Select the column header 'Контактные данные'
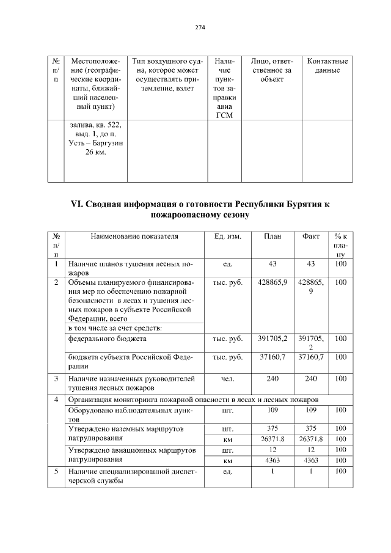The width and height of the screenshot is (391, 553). coord(327,66)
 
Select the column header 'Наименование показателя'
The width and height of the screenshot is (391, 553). coord(134,236)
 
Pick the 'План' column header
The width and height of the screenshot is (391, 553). coord(272,236)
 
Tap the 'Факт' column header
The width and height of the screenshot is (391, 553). coord(311,236)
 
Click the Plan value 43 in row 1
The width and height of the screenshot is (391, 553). coord(272,264)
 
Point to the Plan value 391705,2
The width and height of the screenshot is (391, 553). coord(272,337)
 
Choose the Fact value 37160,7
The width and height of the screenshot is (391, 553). coord(311,356)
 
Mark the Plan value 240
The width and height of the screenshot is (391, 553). coord(272,378)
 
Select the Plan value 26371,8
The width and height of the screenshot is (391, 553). coord(272,439)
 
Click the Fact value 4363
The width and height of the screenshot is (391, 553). coord(311,460)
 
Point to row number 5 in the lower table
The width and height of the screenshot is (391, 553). coord(56,471)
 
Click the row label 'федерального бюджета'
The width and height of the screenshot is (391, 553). coord(107,337)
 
